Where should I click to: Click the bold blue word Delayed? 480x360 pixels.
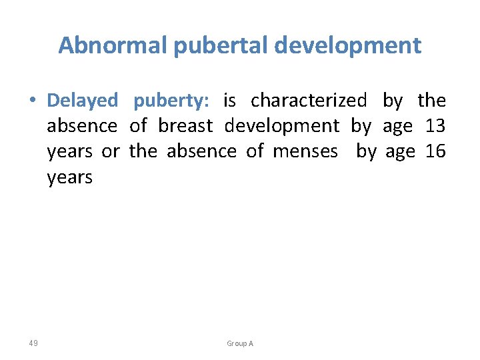(x=82, y=101)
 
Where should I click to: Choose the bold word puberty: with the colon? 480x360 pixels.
(x=171, y=101)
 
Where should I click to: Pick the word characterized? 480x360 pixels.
(x=308, y=101)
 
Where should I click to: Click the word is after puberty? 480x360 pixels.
(x=229, y=101)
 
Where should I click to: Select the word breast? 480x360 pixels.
(x=185, y=126)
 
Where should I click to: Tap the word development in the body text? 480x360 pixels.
(x=281, y=126)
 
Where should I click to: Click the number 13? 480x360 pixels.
(x=435, y=126)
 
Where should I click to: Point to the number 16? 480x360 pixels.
(x=435, y=151)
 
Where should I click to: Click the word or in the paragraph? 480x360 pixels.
(x=111, y=151)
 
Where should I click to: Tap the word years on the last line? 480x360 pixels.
(x=69, y=177)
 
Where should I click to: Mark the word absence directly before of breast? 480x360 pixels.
(x=81, y=126)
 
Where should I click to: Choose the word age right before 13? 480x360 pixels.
(x=397, y=126)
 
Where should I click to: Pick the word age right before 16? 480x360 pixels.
(x=400, y=151)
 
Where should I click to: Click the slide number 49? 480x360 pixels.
(x=33, y=343)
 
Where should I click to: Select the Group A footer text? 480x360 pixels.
(x=240, y=343)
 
